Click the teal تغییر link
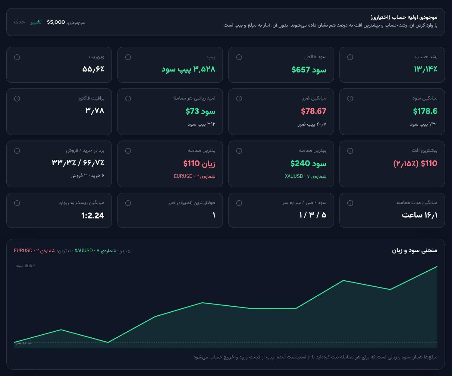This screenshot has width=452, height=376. pos(36,22)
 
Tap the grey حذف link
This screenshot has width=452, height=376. pos(20,22)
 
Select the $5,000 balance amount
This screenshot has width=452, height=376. pos(56,22)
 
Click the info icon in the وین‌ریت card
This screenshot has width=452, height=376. pos(17,57)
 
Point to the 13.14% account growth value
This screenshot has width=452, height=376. pos(425,69)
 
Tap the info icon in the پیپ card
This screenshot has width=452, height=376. pos(128,57)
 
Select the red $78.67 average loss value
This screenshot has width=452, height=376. pos(314,111)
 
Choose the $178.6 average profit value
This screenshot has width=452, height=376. pos(425,111)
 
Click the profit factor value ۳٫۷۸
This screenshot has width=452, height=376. pos(95,110)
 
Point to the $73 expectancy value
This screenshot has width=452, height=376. pos(192,111)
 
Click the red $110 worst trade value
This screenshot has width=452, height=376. pos(191,163)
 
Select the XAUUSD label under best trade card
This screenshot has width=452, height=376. pos(294,176)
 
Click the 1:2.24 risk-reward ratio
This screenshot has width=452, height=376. pos(93,215)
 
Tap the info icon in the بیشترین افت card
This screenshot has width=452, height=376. pos(350,151)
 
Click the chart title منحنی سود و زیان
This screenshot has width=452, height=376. pos(415,250)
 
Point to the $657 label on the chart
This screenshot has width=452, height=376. pos(30,266)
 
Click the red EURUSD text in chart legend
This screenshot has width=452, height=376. pos(23,251)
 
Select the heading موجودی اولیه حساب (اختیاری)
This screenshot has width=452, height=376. pos(404,17)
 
